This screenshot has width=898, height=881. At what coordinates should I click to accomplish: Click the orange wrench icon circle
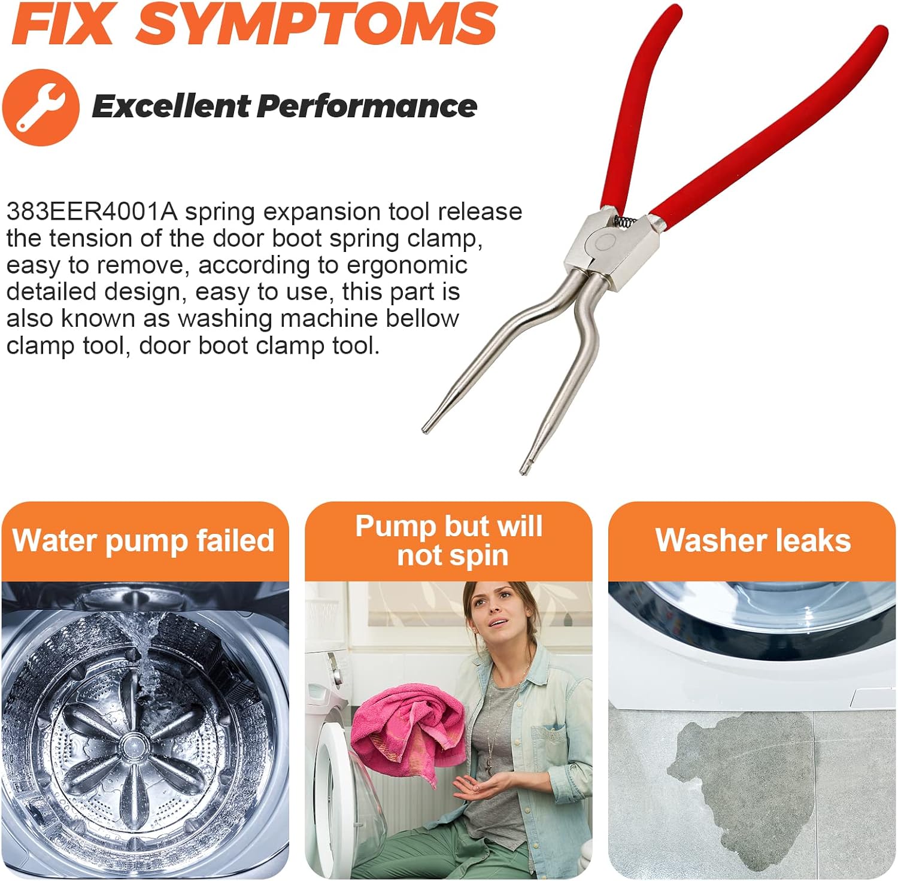(41, 108)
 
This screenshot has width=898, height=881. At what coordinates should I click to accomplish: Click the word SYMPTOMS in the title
(317, 24)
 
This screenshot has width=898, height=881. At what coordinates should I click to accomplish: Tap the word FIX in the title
(63, 24)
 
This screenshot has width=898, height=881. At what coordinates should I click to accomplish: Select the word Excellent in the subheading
(170, 107)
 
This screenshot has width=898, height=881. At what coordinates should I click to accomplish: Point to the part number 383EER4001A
(92, 212)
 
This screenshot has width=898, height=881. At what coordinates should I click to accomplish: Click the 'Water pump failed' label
(144, 540)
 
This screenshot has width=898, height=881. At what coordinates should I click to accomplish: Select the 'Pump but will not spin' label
(450, 540)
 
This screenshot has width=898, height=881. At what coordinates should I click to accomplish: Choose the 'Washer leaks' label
(753, 540)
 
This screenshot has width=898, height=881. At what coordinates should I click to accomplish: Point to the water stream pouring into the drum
(141, 664)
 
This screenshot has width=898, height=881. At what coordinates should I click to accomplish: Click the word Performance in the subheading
(367, 107)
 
